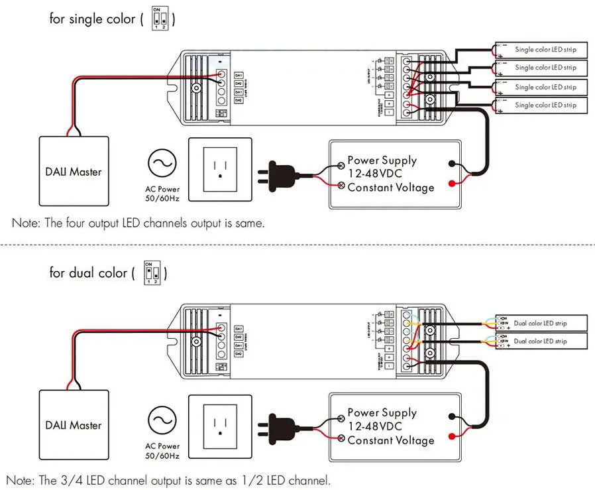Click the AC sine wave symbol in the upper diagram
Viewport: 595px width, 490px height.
[162, 162]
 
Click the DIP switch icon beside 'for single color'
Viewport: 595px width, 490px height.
[158, 19]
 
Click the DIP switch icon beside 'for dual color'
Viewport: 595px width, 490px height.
[152, 272]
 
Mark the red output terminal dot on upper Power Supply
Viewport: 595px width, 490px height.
[451, 183]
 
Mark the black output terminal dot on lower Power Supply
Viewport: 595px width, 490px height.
[451, 416]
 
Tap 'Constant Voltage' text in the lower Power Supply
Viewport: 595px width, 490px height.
[391, 440]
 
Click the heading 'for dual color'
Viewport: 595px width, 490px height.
[87, 273]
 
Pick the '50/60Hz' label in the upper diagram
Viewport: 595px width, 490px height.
[162, 198]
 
